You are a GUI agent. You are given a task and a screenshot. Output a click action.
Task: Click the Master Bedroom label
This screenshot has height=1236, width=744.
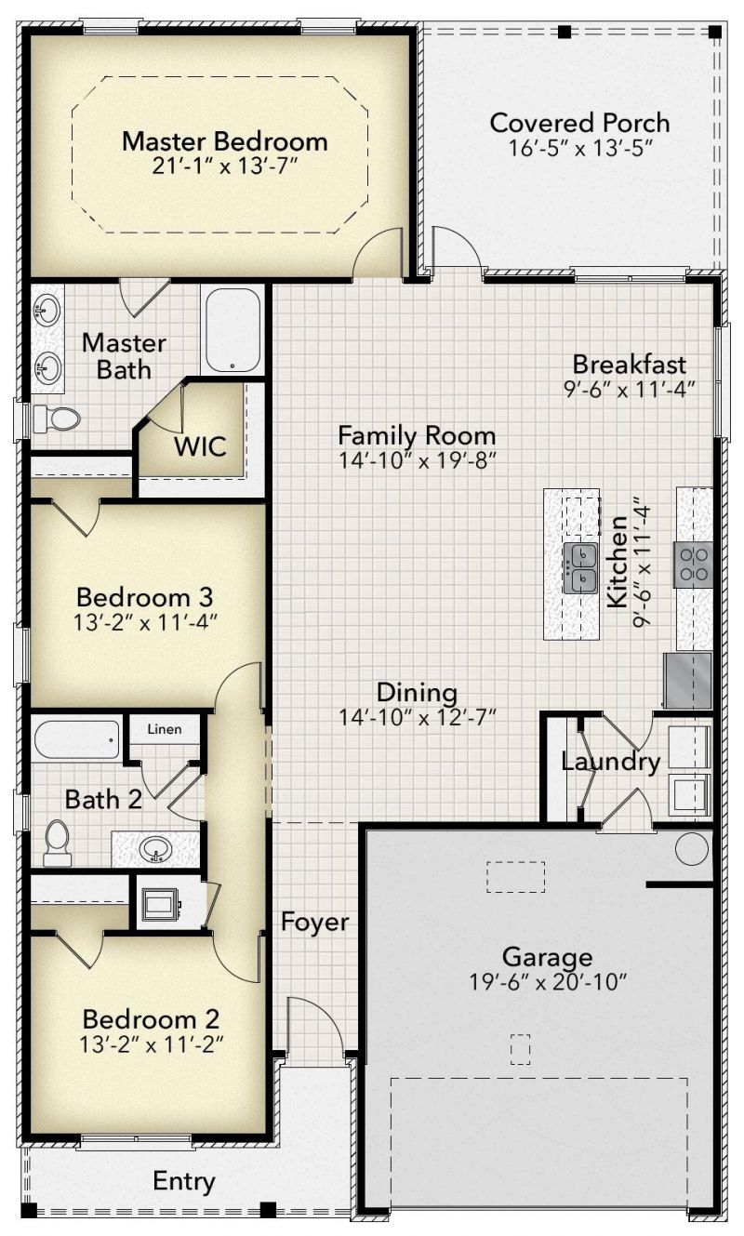pos(225,141)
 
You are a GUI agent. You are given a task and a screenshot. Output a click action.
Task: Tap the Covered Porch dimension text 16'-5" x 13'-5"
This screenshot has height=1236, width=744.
pos(580,148)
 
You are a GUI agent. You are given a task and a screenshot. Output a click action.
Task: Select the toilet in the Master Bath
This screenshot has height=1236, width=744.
pos(57,419)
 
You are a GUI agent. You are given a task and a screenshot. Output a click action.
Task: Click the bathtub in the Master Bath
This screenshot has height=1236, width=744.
pos(232,330)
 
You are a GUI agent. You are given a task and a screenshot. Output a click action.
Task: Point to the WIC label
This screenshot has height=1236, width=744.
pos(200,445)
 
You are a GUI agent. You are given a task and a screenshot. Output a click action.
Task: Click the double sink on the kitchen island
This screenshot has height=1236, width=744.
pos(580,566)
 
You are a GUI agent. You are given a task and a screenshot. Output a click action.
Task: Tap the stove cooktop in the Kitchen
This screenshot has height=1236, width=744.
pos(693,564)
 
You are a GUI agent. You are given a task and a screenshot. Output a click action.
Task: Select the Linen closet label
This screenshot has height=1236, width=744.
pos(165,729)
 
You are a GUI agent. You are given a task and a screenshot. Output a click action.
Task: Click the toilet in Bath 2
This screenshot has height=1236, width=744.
pos(57,844)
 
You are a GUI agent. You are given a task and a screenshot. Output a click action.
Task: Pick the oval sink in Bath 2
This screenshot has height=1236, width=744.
pos(155,848)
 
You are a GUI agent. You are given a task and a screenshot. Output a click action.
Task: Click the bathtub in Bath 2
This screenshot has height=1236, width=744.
pos(76,740)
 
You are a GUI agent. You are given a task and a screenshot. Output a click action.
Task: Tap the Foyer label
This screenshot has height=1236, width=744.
pos(315,922)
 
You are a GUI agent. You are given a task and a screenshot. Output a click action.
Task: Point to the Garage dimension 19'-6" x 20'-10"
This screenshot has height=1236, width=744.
pos(548,981)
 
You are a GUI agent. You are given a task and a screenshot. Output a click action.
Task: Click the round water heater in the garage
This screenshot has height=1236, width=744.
pos(692,849)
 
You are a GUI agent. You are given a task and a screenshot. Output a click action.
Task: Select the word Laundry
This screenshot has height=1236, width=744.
pos(610,763)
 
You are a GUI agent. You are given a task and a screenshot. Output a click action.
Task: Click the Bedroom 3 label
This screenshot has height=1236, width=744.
pos(144,597)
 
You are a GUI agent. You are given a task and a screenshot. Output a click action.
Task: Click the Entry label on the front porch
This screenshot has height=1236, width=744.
pos(184,1180)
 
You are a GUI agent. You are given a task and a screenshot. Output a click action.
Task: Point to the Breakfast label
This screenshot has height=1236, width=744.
pos(630,365)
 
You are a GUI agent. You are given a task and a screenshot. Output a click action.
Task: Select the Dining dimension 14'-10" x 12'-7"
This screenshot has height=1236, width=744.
pos(418,718)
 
